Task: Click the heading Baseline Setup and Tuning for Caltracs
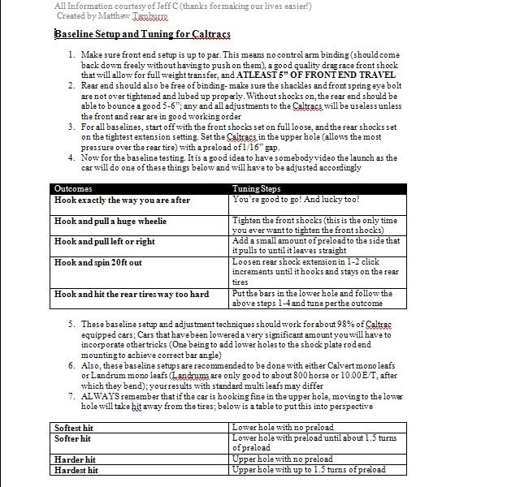click(x=142, y=35)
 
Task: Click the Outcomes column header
click(x=73, y=188)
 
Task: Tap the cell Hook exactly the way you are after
click(x=122, y=200)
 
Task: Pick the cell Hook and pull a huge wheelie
click(x=110, y=221)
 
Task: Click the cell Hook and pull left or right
click(x=105, y=241)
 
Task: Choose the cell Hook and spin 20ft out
click(x=98, y=263)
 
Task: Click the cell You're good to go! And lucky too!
click(x=296, y=200)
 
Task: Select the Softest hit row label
click(x=74, y=427)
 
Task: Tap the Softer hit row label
click(x=72, y=438)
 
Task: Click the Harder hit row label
click(x=73, y=459)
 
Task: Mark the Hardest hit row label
click(x=76, y=470)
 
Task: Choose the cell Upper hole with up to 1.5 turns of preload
click(x=309, y=470)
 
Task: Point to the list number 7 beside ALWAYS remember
click(x=72, y=396)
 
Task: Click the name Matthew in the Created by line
click(x=121, y=15)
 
